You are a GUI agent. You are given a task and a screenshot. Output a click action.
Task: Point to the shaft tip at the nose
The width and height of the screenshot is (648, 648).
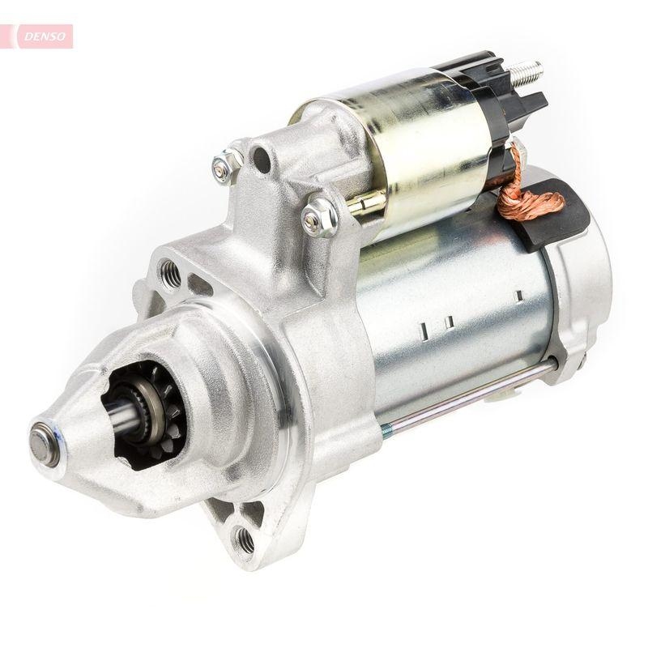pyautogui.click(x=42, y=442)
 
